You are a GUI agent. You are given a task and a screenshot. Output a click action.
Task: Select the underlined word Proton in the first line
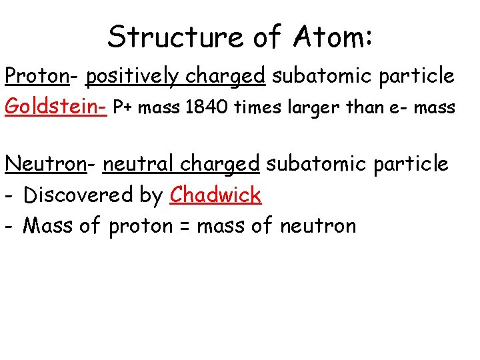point(37,77)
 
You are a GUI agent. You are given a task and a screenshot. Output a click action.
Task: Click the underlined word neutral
point(138,163)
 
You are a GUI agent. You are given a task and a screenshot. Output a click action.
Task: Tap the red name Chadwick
point(215,195)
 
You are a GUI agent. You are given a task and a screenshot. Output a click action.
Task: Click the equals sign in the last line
point(184,227)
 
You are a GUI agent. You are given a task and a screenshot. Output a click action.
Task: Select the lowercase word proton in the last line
point(140,227)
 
